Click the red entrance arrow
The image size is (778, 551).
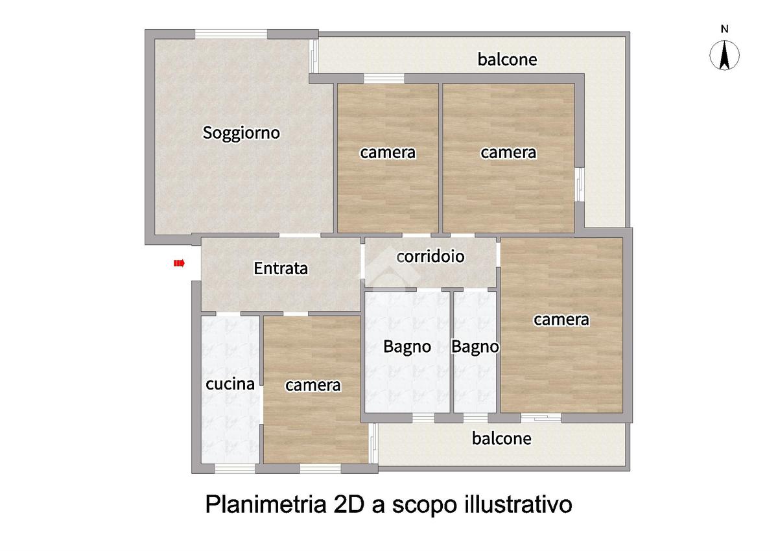click(x=179, y=264)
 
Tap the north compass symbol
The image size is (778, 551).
click(x=724, y=55)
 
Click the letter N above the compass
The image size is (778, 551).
click(x=725, y=29)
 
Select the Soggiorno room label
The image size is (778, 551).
click(x=241, y=133)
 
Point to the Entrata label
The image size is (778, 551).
click(x=281, y=268)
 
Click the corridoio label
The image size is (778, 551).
click(x=430, y=256)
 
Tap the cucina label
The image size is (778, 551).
click(x=230, y=384)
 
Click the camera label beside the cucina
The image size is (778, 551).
click(x=313, y=386)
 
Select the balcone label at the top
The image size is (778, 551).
click(x=507, y=60)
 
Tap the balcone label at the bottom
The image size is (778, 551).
click(x=502, y=438)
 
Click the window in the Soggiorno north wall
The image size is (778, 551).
click(x=231, y=34)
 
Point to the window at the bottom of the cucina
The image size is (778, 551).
click(x=235, y=469)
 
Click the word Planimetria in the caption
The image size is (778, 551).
click(x=266, y=504)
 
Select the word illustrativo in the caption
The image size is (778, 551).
click(x=518, y=504)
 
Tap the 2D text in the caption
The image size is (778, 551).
click(x=349, y=504)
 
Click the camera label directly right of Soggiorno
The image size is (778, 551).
click(x=388, y=153)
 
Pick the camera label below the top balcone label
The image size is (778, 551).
click(x=508, y=153)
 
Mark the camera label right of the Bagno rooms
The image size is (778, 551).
click(x=561, y=320)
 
